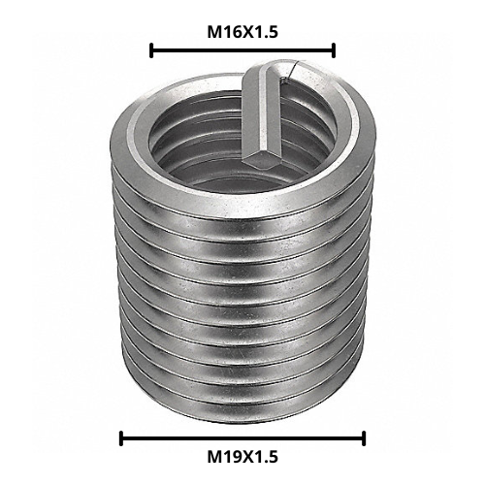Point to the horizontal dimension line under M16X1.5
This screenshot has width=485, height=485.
coord(242,49)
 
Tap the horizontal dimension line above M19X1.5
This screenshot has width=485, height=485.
coord(242,437)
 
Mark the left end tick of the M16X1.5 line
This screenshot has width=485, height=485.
coord(151,49)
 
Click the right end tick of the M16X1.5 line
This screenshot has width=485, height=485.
coord(334,49)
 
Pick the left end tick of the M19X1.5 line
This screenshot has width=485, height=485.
coord(121,437)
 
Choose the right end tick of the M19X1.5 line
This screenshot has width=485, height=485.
coord(364,437)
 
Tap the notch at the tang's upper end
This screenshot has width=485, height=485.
coord(281,68)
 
